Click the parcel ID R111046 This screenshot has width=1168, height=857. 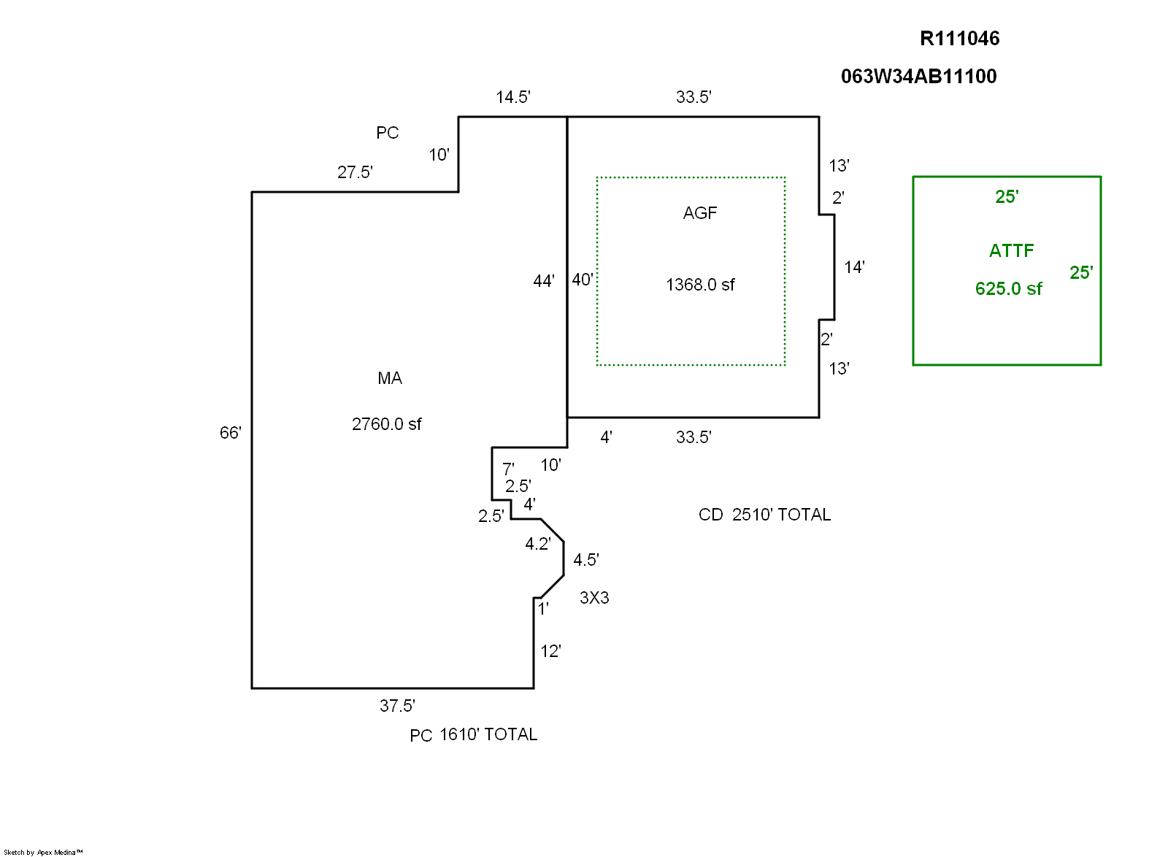coord(959,39)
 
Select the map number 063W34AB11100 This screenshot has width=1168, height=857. coord(918,77)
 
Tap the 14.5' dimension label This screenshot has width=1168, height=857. coord(512,98)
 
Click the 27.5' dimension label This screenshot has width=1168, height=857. coord(355,172)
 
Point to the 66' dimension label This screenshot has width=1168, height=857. coord(230,433)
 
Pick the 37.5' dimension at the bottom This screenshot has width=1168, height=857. coord(397,706)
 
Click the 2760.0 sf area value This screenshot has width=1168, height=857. coord(386,424)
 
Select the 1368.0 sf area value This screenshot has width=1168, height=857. coord(700,285)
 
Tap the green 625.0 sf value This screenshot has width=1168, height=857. coord(1008,289)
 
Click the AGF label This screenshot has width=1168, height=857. coord(699,213)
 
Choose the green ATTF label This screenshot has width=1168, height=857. coord(1011,251)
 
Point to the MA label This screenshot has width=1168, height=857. coord(390,378)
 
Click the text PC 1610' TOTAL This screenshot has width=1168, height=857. coord(473,735)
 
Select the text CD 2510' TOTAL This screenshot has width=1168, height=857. coord(764,515)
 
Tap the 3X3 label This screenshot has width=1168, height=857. coord(594,598)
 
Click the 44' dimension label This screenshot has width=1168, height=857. coord(544,281)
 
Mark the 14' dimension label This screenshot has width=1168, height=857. coord(854,267)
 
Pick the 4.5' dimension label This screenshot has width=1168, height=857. coord(586,560)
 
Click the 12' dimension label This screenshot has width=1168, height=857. coord(550,651)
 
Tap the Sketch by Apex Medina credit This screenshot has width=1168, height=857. coord(44,852)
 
